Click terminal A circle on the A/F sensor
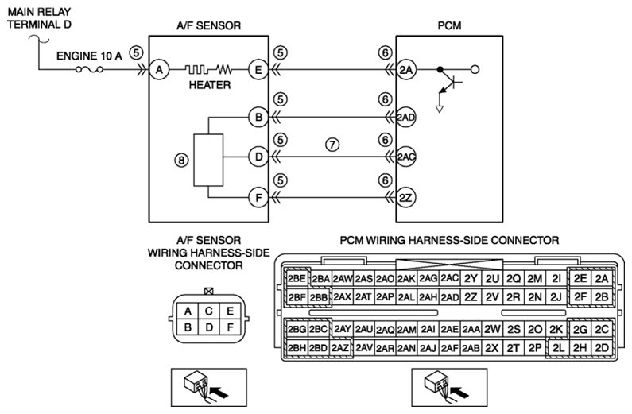coord(159,70)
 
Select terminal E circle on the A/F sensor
coord(258,70)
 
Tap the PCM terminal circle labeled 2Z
coord(405,198)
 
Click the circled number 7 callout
coord(332,144)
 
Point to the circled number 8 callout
coord(181,161)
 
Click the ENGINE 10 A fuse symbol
coord(89,70)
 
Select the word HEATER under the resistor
coord(210,85)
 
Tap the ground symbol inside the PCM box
coord(440,109)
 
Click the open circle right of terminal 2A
coord(475,70)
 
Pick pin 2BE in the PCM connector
coord(297,278)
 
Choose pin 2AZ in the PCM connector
coord(340,348)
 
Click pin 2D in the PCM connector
coord(602,348)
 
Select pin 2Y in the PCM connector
coord(471,278)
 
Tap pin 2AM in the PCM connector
coord(406,330)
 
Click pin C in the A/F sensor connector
coord(209,311)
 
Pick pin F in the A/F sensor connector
coord(231,327)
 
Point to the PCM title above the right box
coord(449,25)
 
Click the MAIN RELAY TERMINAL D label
coord(39,18)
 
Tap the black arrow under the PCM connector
coord(459,392)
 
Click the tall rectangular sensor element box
coord(208,160)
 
